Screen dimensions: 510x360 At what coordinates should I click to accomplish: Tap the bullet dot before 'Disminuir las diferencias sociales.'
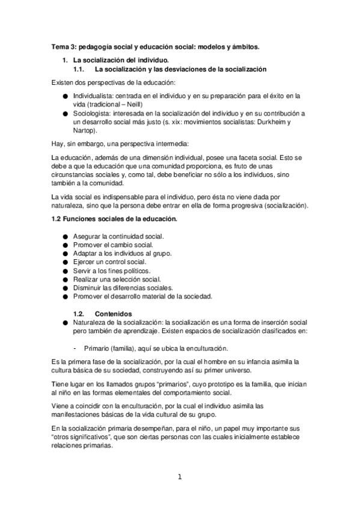pyautogui.click(x=65, y=288)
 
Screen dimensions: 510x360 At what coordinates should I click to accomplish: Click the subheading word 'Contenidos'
pyautogui.click(x=114, y=313)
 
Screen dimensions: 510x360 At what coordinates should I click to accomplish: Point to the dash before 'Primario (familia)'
pyautogui.click(x=74, y=348)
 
